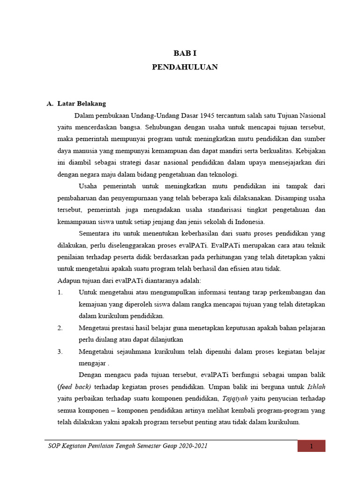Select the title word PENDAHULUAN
pos(185,67)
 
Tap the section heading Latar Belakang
pos(82,104)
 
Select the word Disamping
pos(294,197)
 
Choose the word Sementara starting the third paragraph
pos(93,233)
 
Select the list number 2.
pos(60,328)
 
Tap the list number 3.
pos(60,351)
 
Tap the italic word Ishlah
pos(315,387)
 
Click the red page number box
pos(311,446)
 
